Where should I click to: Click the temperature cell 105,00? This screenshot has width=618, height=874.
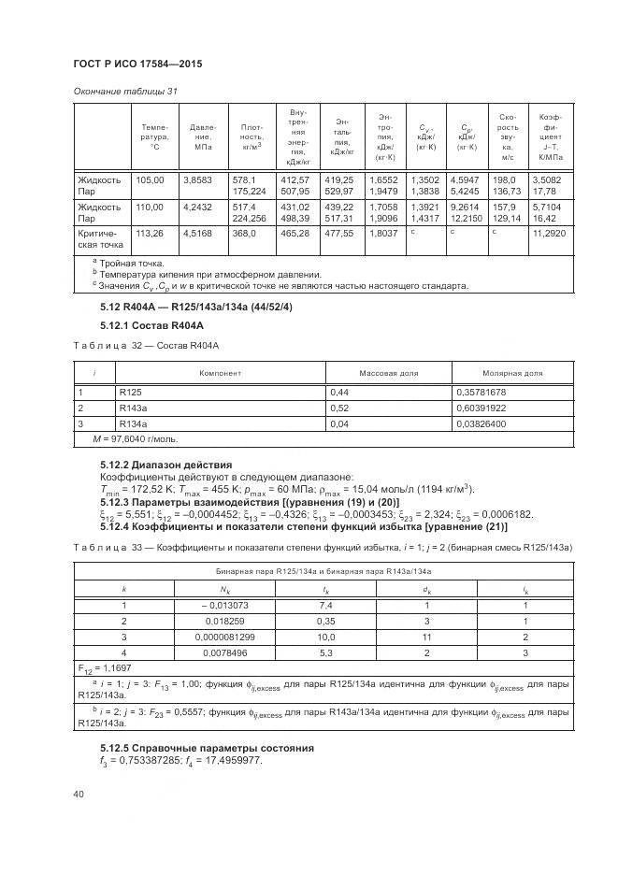click(151, 179)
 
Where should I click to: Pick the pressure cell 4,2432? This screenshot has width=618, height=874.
click(198, 207)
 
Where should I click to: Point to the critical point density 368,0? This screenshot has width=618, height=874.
click(246, 235)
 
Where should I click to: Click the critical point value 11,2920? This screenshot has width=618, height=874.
click(550, 235)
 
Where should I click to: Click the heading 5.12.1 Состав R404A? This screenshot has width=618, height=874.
click(151, 324)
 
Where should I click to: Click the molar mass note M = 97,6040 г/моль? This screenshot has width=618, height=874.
click(135, 438)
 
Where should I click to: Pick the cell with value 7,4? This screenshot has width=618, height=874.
click(324, 605)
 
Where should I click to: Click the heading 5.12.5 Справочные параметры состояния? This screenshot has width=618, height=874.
click(207, 748)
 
